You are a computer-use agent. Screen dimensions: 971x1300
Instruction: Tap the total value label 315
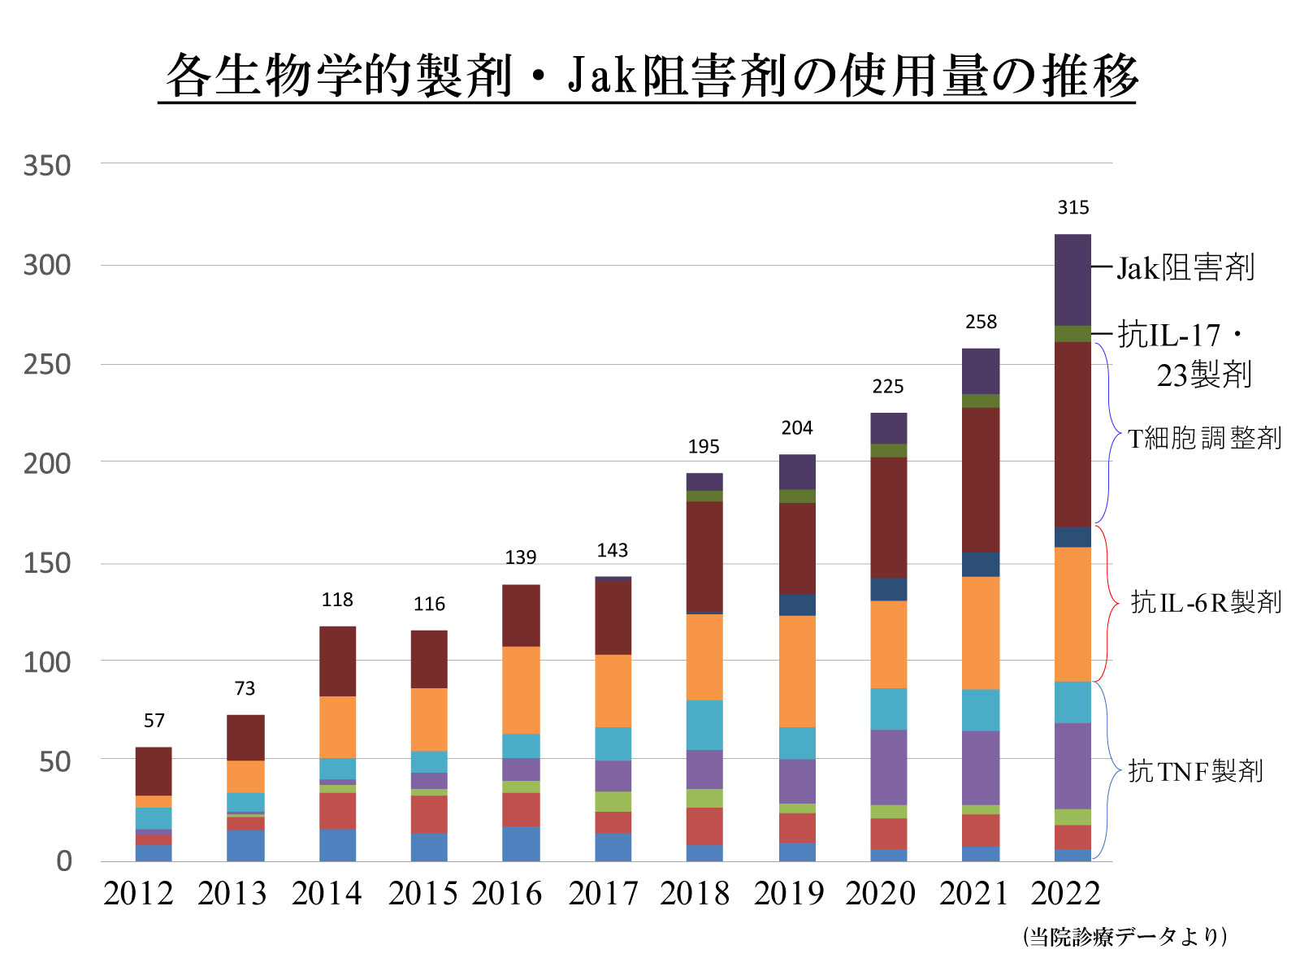pyautogui.click(x=1072, y=208)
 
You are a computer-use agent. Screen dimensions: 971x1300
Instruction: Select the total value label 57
pyautogui.click(x=154, y=721)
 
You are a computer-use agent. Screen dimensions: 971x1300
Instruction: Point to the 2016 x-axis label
pyautogui.click(x=506, y=894)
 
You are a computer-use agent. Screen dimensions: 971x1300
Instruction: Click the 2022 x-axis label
pyautogui.click(x=1065, y=894)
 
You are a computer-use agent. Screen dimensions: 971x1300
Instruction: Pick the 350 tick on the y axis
pyautogui.click(x=47, y=166)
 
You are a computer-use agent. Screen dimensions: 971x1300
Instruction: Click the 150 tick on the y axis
pyautogui.click(x=47, y=563)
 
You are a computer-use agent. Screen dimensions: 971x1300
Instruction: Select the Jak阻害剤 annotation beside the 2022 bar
pyautogui.click(x=1185, y=267)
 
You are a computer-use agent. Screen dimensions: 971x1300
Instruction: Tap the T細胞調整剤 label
pyautogui.click(x=1204, y=439)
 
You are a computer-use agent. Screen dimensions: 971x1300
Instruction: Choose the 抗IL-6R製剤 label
pyautogui.click(x=1206, y=602)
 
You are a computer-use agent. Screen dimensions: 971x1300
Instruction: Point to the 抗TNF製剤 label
pyautogui.click(x=1195, y=771)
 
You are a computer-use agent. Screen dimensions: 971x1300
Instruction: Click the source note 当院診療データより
pyautogui.click(x=1124, y=937)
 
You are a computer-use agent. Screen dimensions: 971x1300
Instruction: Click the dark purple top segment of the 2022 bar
pyautogui.click(x=1072, y=280)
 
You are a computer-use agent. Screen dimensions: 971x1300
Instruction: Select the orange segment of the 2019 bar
pyautogui.click(x=797, y=671)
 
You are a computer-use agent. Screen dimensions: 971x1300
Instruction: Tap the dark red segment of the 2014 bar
pyautogui.click(x=337, y=661)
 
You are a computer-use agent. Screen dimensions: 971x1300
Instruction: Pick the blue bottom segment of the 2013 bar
pyautogui.click(x=245, y=845)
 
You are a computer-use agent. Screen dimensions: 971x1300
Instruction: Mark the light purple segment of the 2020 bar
pyautogui.click(x=888, y=767)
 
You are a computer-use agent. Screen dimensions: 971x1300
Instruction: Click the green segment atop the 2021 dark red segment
pyautogui.click(x=981, y=401)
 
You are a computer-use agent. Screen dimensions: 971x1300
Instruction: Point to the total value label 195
pyautogui.click(x=704, y=447)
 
